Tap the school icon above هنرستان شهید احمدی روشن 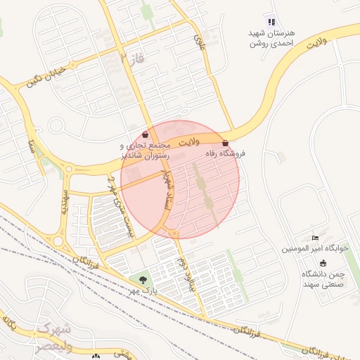(x=271, y=22)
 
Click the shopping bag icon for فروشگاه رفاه (x=224, y=143)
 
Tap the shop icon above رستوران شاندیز (x=145, y=134)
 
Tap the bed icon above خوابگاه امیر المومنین (x=314, y=238)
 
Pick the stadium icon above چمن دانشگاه (x=323, y=263)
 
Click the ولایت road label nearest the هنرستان (x=316, y=44)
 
